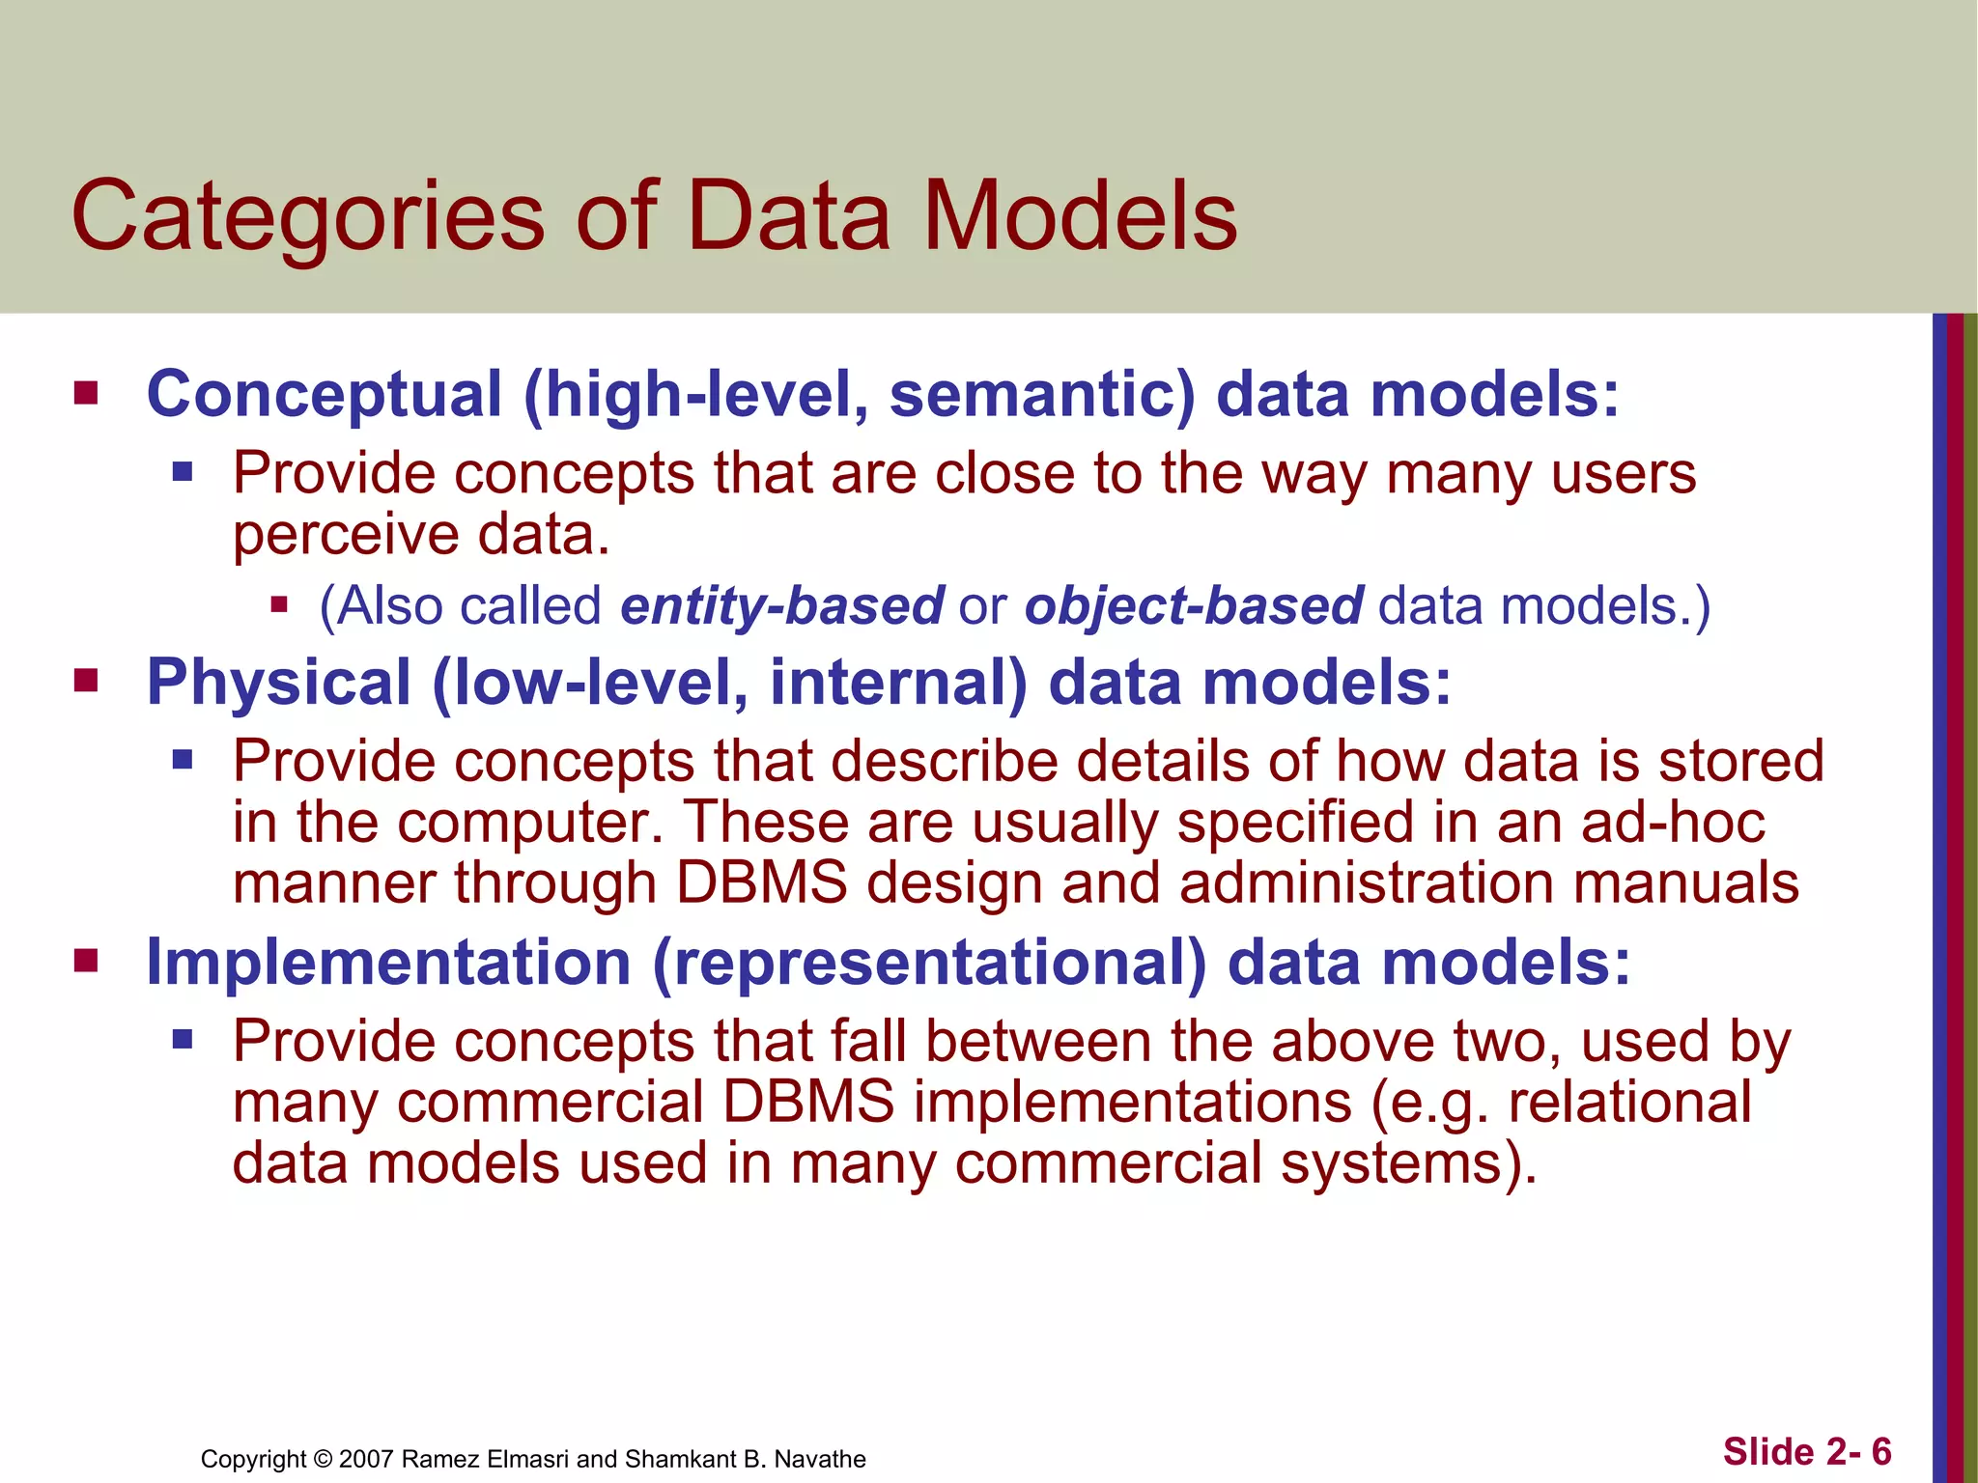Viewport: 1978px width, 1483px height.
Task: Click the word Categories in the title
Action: coord(307,217)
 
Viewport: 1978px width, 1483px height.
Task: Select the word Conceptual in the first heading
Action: coord(325,395)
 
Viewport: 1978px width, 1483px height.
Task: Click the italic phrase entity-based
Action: coord(781,606)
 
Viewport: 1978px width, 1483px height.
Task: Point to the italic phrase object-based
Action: coord(1194,606)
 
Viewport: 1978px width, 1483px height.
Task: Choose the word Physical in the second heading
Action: coord(279,683)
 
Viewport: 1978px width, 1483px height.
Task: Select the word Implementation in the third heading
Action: coord(388,963)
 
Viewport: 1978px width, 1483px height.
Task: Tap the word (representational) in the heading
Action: coord(929,963)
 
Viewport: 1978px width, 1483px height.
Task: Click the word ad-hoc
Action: coord(1673,823)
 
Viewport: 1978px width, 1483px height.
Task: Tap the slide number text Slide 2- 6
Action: coord(1807,1452)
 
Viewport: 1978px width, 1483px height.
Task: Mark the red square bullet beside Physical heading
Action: coord(87,682)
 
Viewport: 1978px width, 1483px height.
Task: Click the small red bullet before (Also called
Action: coord(280,605)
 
